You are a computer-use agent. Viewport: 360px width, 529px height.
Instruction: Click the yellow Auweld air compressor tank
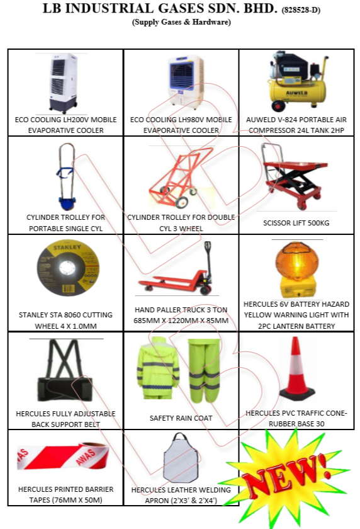click(297, 92)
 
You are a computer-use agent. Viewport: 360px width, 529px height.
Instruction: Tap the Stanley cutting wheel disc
click(68, 268)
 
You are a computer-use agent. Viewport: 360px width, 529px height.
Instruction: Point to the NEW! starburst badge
click(286, 475)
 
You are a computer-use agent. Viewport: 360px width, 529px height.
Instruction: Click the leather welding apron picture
click(181, 457)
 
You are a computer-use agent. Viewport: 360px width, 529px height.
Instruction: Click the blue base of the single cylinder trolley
click(67, 203)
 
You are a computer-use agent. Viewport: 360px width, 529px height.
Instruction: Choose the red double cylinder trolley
click(181, 177)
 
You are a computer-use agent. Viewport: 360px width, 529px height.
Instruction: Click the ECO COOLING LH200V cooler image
click(64, 83)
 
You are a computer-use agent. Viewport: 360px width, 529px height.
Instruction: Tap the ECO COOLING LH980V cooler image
click(186, 82)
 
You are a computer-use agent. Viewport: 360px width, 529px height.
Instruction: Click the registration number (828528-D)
click(301, 10)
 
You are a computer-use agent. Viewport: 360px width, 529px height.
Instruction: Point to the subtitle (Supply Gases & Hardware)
click(181, 22)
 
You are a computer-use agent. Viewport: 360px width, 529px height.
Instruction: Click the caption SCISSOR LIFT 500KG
click(296, 223)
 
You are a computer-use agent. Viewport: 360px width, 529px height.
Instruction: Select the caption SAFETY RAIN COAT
click(181, 418)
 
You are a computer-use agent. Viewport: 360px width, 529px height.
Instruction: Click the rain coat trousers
click(205, 370)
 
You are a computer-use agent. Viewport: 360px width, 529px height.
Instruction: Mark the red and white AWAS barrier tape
click(64, 457)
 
